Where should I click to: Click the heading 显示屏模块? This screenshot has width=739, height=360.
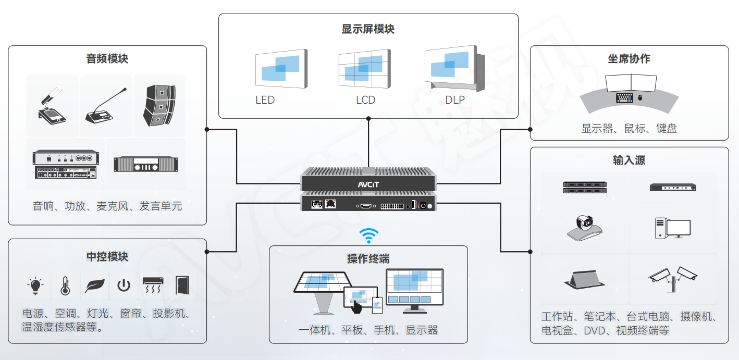click(368, 29)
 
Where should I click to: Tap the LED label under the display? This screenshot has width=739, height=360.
click(265, 100)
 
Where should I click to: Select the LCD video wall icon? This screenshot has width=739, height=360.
click(363, 68)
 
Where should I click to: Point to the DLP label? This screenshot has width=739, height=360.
click(454, 100)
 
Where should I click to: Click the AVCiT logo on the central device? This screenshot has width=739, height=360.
click(368, 184)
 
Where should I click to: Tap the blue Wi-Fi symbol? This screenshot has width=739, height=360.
click(368, 236)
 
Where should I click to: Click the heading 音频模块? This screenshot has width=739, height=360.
click(107, 59)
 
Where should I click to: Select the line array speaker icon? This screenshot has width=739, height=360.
click(158, 105)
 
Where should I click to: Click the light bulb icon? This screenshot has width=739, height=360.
click(35, 285)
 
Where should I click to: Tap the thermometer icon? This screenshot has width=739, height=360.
click(65, 285)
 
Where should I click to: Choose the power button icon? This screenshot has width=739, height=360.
click(124, 285)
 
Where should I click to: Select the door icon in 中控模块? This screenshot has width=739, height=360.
click(182, 285)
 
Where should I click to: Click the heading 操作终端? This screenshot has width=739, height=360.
click(368, 259)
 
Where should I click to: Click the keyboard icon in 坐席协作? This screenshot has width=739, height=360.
click(624, 97)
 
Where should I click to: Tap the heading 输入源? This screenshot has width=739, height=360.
click(629, 160)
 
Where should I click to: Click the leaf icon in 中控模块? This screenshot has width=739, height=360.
click(94, 285)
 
